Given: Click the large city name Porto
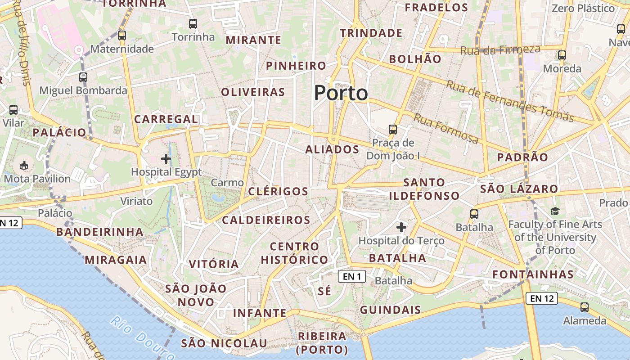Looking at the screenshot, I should tap(341, 93).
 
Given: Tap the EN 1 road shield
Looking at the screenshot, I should tap(352, 276).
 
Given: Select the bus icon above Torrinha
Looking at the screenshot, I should tap(193, 24).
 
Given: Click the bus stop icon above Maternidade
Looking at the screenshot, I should tap(122, 36).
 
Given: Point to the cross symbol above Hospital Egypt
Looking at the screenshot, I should tap(166, 158).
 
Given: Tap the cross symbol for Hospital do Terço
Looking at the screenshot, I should tap(401, 227).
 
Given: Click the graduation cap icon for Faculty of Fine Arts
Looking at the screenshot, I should tap(555, 211).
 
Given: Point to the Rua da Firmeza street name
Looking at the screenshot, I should tap(500, 49).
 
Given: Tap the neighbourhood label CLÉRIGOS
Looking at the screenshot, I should tap(279, 191).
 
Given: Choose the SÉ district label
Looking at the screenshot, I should tap(324, 291).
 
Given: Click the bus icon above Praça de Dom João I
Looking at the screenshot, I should tap(393, 130).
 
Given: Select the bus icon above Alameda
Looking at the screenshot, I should tap(585, 307).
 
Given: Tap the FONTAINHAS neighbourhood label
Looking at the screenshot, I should tap(533, 274).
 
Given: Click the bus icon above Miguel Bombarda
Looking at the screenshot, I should tap(83, 77).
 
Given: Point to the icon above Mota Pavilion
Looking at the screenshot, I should tap(24, 165).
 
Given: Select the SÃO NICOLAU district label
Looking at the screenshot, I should tap(224, 343).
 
